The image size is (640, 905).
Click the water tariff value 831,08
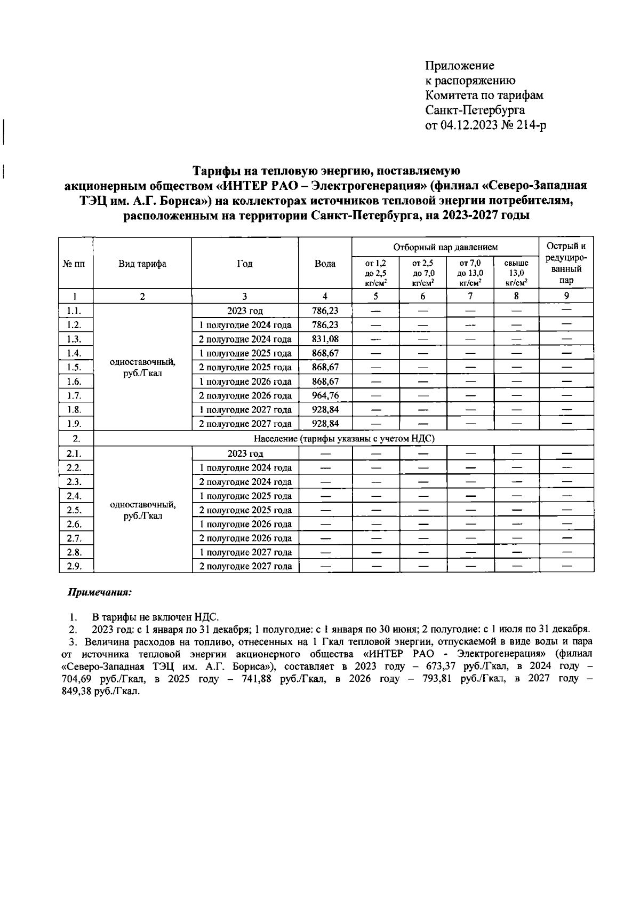click(x=325, y=339)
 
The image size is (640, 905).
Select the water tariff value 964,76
click(x=325, y=395)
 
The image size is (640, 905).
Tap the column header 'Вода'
click(x=325, y=264)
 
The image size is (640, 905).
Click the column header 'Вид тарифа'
click(x=142, y=264)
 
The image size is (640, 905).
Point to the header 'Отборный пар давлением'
click(x=445, y=247)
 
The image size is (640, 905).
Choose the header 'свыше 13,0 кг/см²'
click(x=516, y=273)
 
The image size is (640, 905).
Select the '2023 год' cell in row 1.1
click(x=245, y=311)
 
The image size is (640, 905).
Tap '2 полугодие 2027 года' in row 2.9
click(x=245, y=566)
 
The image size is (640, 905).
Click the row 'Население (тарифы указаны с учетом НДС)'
click(x=344, y=439)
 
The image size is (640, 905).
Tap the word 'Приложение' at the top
click(x=459, y=66)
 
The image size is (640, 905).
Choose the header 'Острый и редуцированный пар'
click(x=566, y=263)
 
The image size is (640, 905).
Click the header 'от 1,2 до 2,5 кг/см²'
click(x=375, y=273)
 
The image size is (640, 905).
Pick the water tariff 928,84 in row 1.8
click(x=325, y=410)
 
